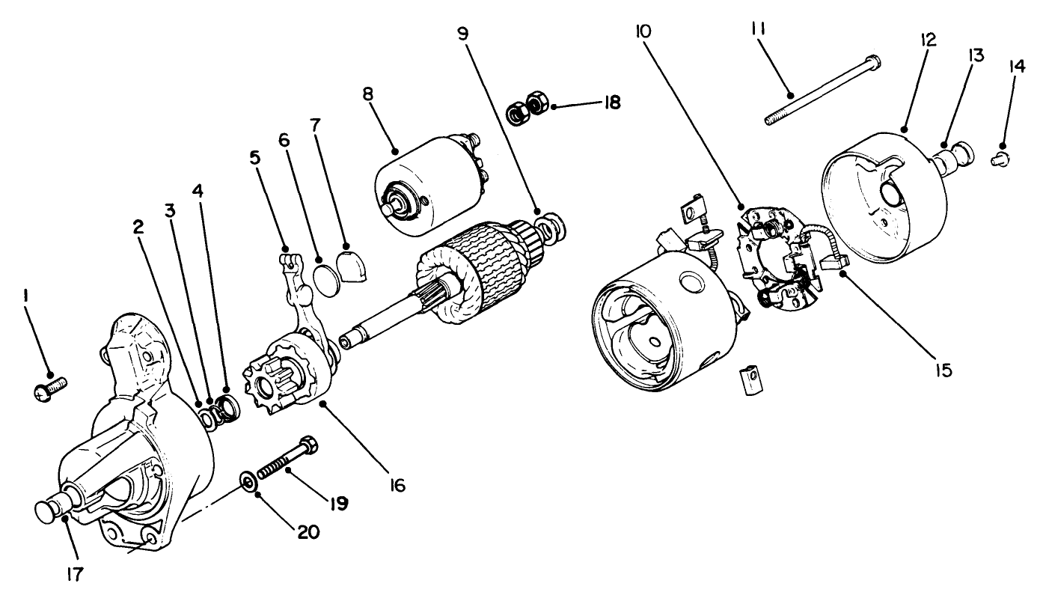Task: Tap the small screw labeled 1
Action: click(51, 388)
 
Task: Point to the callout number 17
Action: click(74, 574)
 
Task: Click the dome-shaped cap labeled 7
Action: click(351, 264)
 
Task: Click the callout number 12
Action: click(927, 39)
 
